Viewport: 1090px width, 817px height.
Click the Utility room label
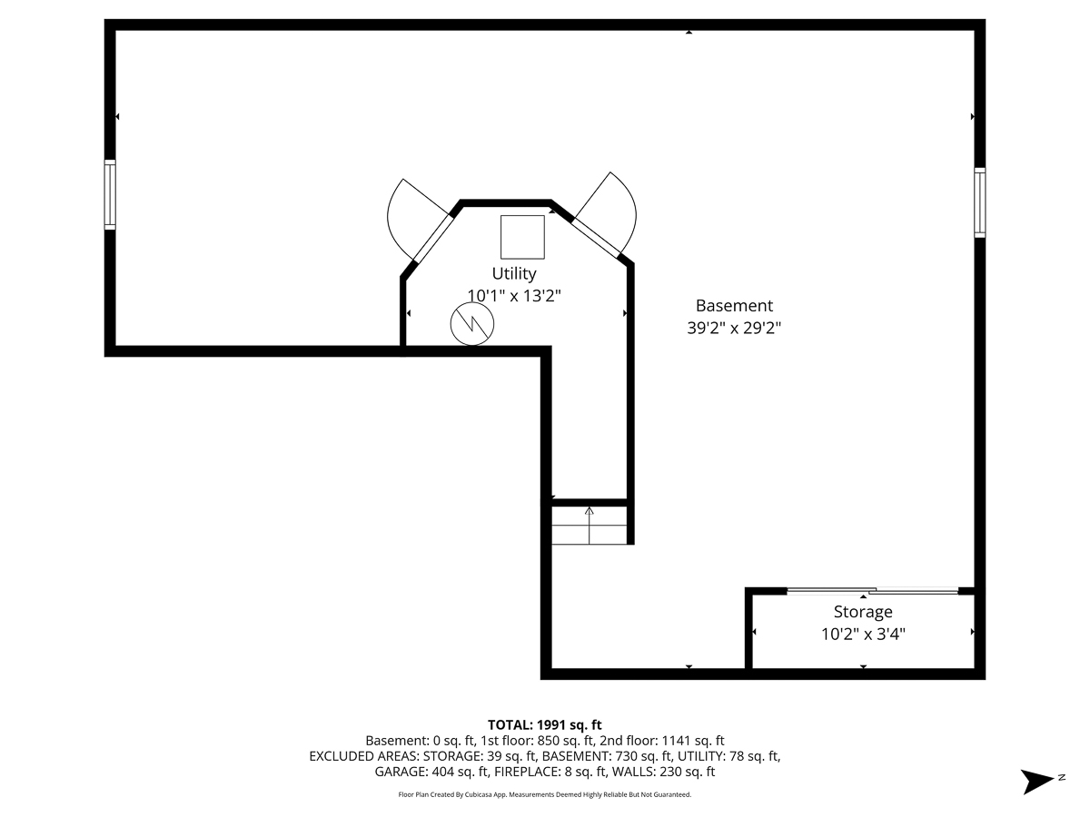[514, 273]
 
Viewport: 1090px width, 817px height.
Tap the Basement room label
[734, 306]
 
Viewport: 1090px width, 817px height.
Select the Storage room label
[863, 612]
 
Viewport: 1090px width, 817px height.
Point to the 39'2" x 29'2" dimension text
[734, 328]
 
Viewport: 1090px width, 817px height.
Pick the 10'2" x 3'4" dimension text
[863, 634]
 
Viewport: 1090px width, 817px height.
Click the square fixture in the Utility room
[522, 237]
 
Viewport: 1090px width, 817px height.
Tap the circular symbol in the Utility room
[472, 323]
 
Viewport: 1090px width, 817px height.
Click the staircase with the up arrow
[590, 525]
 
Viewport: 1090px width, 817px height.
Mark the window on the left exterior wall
[110, 194]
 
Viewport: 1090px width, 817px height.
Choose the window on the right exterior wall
[979, 202]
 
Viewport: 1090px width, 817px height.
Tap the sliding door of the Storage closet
[872, 592]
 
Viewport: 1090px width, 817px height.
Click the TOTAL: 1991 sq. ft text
[545, 724]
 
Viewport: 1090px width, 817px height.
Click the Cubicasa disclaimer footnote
[545, 795]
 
